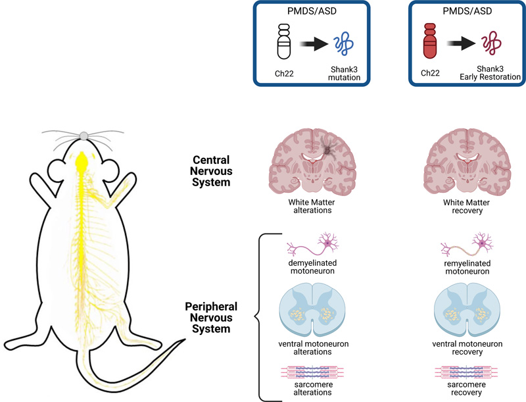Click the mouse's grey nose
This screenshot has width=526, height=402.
coord(84,136)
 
